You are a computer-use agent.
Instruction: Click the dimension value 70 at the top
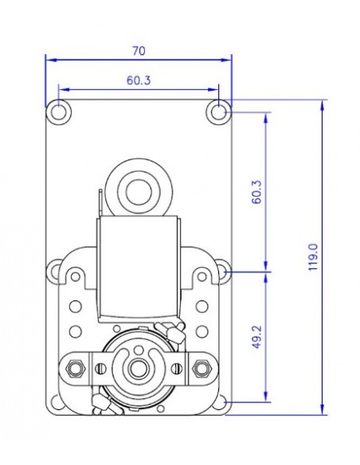139,50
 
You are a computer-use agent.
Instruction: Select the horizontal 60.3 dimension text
139,80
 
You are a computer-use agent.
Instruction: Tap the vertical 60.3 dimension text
256,191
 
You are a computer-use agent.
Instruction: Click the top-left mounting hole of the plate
58,112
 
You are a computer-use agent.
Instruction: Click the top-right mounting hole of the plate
218,112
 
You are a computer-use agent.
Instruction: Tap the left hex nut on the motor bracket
77,368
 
